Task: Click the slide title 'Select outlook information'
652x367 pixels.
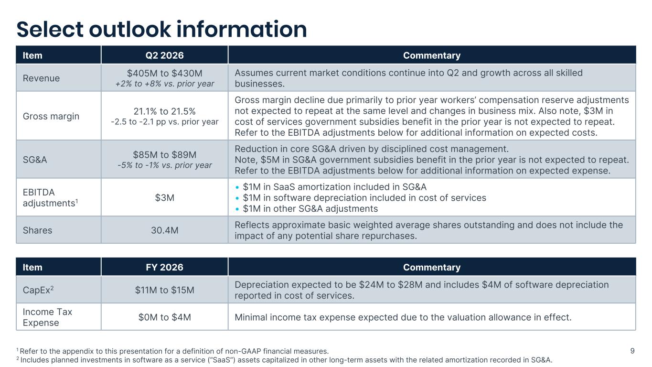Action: [x=161, y=30]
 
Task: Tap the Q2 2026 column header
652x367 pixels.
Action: [x=164, y=55]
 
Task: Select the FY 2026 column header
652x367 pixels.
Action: [x=164, y=267]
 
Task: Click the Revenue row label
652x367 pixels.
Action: [x=41, y=78]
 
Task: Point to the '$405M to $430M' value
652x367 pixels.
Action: [x=164, y=73]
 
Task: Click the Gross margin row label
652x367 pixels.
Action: [x=51, y=116]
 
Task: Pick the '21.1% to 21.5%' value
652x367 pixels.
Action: [x=164, y=111]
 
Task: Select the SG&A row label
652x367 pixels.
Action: [x=35, y=160]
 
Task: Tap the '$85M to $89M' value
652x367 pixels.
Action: [x=164, y=155]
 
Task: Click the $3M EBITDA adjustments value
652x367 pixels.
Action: [x=164, y=198]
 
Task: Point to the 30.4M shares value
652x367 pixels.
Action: [x=164, y=230]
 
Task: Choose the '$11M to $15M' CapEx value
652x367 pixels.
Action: [x=164, y=290]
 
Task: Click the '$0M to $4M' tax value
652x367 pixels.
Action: [x=164, y=317]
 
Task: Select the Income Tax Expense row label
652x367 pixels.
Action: [x=47, y=317]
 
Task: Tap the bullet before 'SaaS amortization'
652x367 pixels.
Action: [x=237, y=187]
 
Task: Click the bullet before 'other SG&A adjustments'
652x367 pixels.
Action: [x=237, y=209]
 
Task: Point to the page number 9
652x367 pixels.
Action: [x=632, y=351]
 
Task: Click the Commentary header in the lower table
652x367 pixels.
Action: [x=432, y=267]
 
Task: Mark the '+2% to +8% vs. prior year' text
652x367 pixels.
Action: [x=164, y=84]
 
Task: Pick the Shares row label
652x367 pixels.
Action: [x=37, y=230]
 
